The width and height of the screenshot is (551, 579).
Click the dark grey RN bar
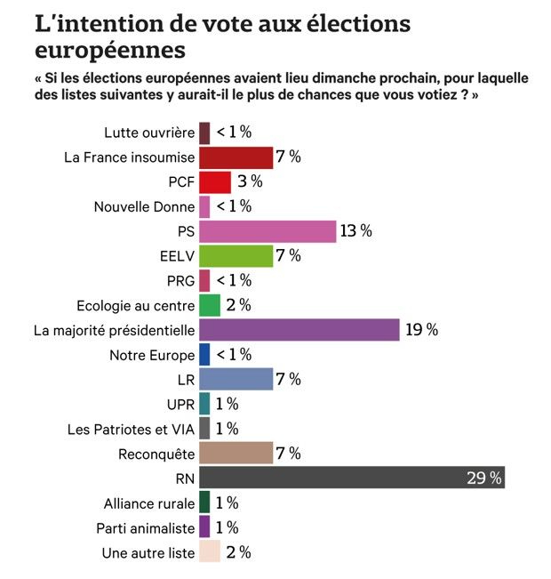click(352, 478)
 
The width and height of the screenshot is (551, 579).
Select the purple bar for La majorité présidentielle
click(299, 330)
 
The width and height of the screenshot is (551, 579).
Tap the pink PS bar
click(268, 231)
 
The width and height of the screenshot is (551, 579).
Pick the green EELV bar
click(236, 256)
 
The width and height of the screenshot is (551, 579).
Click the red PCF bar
click(215, 182)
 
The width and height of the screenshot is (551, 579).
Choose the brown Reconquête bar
click(236, 453)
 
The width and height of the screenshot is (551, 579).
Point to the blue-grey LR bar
click(236, 379)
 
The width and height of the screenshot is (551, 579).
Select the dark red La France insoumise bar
click(236, 157)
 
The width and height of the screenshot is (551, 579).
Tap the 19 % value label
click(421, 330)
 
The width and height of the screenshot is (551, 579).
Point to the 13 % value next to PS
click(355, 231)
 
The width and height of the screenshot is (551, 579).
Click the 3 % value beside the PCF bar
click(248, 182)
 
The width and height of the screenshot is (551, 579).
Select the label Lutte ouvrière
click(148, 133)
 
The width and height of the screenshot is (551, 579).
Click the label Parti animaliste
click(144, 527)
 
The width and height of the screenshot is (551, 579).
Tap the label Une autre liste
click(148, 552)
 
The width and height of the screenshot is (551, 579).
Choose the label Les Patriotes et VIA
click(131, 429)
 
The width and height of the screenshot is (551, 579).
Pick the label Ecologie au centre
click(135, 306)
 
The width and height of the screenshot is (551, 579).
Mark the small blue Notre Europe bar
click(204, 355)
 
